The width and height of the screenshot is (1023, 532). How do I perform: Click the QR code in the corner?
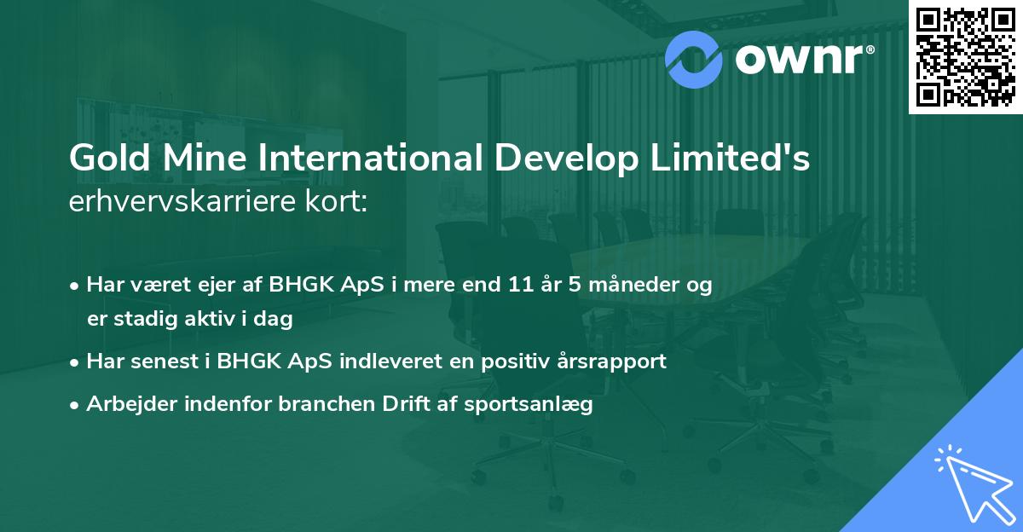[965, 56]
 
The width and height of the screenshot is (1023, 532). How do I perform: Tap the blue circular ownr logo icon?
[694, 57]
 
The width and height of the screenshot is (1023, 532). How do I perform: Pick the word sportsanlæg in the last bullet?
[529, 405]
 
